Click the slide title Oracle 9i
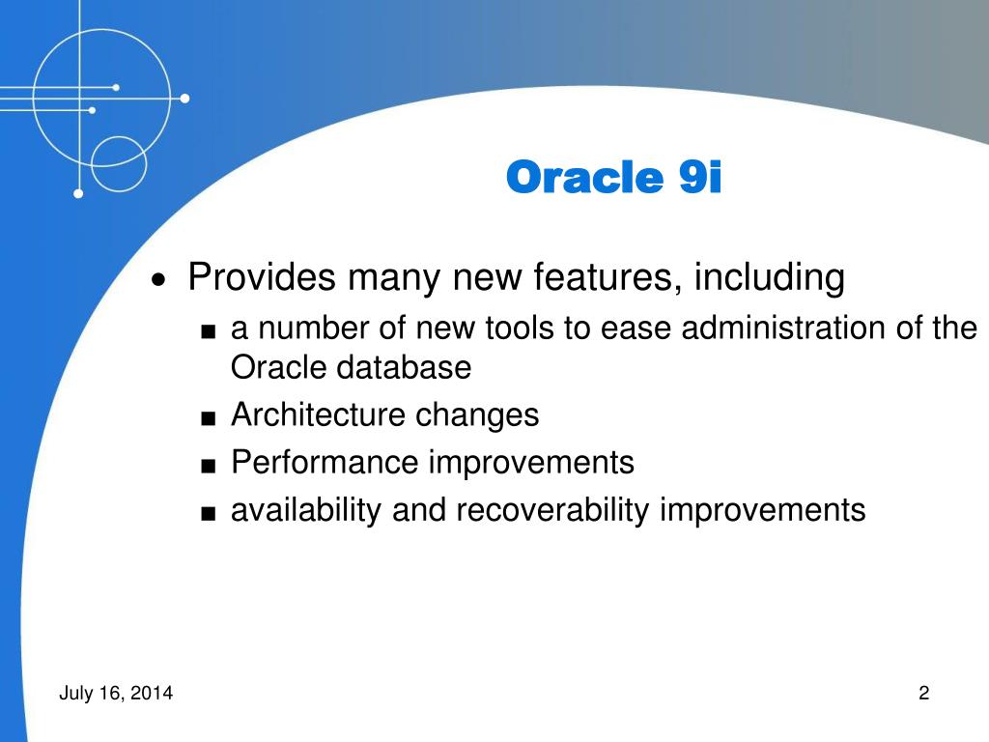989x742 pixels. (613, 177)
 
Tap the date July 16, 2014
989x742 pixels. (116, 693)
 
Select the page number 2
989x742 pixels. (924, 693)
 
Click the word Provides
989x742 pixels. (261, 276)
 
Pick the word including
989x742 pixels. (770, 277)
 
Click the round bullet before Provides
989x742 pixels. (159, 279)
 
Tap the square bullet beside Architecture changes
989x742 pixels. (209, 417)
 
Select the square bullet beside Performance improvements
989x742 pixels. (209, 466)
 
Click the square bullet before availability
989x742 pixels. (209, 513)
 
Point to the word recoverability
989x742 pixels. (552, 510)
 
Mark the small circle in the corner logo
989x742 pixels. (119, 164)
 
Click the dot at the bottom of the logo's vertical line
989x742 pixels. (78, 193)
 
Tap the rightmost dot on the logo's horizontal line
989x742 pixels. (184, 99)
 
